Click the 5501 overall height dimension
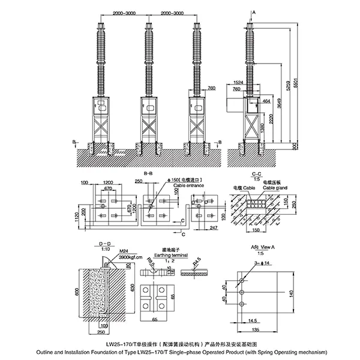coord(295,81)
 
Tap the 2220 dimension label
coord(272,119)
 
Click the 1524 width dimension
coord(238,81)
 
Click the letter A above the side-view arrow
coord(254,12)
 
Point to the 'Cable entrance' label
coord(187,185)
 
